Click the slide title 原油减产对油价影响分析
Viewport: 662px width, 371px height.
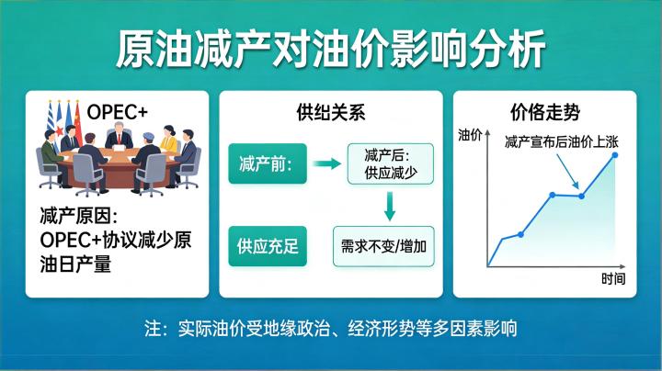point(331,48)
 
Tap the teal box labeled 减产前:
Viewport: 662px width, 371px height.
point(265,165)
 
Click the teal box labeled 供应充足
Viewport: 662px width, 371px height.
point(266,245)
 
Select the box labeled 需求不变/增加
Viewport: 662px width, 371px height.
point(383,246)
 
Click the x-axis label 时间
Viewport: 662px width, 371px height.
point(613,279)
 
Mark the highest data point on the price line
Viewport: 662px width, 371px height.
point(615,155)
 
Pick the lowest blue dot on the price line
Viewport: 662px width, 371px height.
point(520,234)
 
